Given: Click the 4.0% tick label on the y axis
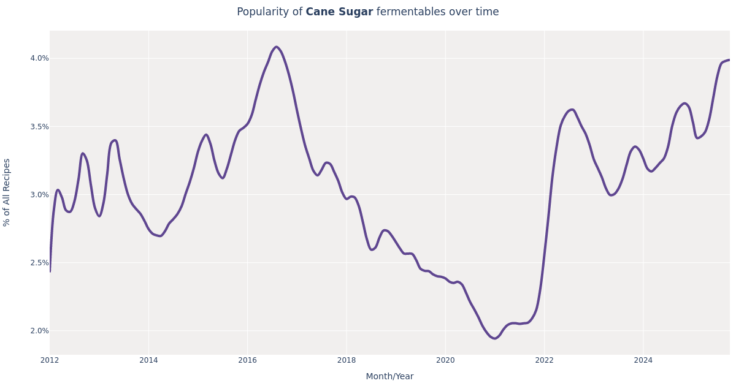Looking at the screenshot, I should click(39, 58).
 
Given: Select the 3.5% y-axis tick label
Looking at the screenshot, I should click(39, 127).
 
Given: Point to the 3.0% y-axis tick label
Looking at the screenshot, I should click(39, 195).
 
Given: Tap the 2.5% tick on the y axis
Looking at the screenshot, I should click(39, 263).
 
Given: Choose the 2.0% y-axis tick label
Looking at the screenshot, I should click(39, 331).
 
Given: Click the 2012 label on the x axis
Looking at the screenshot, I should click(50, 360).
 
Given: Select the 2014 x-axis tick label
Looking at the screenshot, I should click(148, 360).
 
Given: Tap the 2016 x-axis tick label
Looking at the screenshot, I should click(247, 360).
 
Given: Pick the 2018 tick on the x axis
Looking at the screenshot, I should click(347, 360).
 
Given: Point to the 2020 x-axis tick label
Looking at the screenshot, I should click(445, 360).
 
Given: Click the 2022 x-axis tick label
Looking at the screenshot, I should click(544, 360).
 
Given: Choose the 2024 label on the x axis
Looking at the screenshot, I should click(643, 360).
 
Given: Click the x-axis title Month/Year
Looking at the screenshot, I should click(389, 377).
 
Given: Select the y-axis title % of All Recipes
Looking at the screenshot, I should click(7, 192).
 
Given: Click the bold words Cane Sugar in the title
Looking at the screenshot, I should click(339, 12).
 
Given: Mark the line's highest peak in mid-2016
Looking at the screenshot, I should click(276, 47).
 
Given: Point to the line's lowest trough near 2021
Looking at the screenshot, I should click(494, 338).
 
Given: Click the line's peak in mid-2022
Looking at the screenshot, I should click(572, 110).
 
